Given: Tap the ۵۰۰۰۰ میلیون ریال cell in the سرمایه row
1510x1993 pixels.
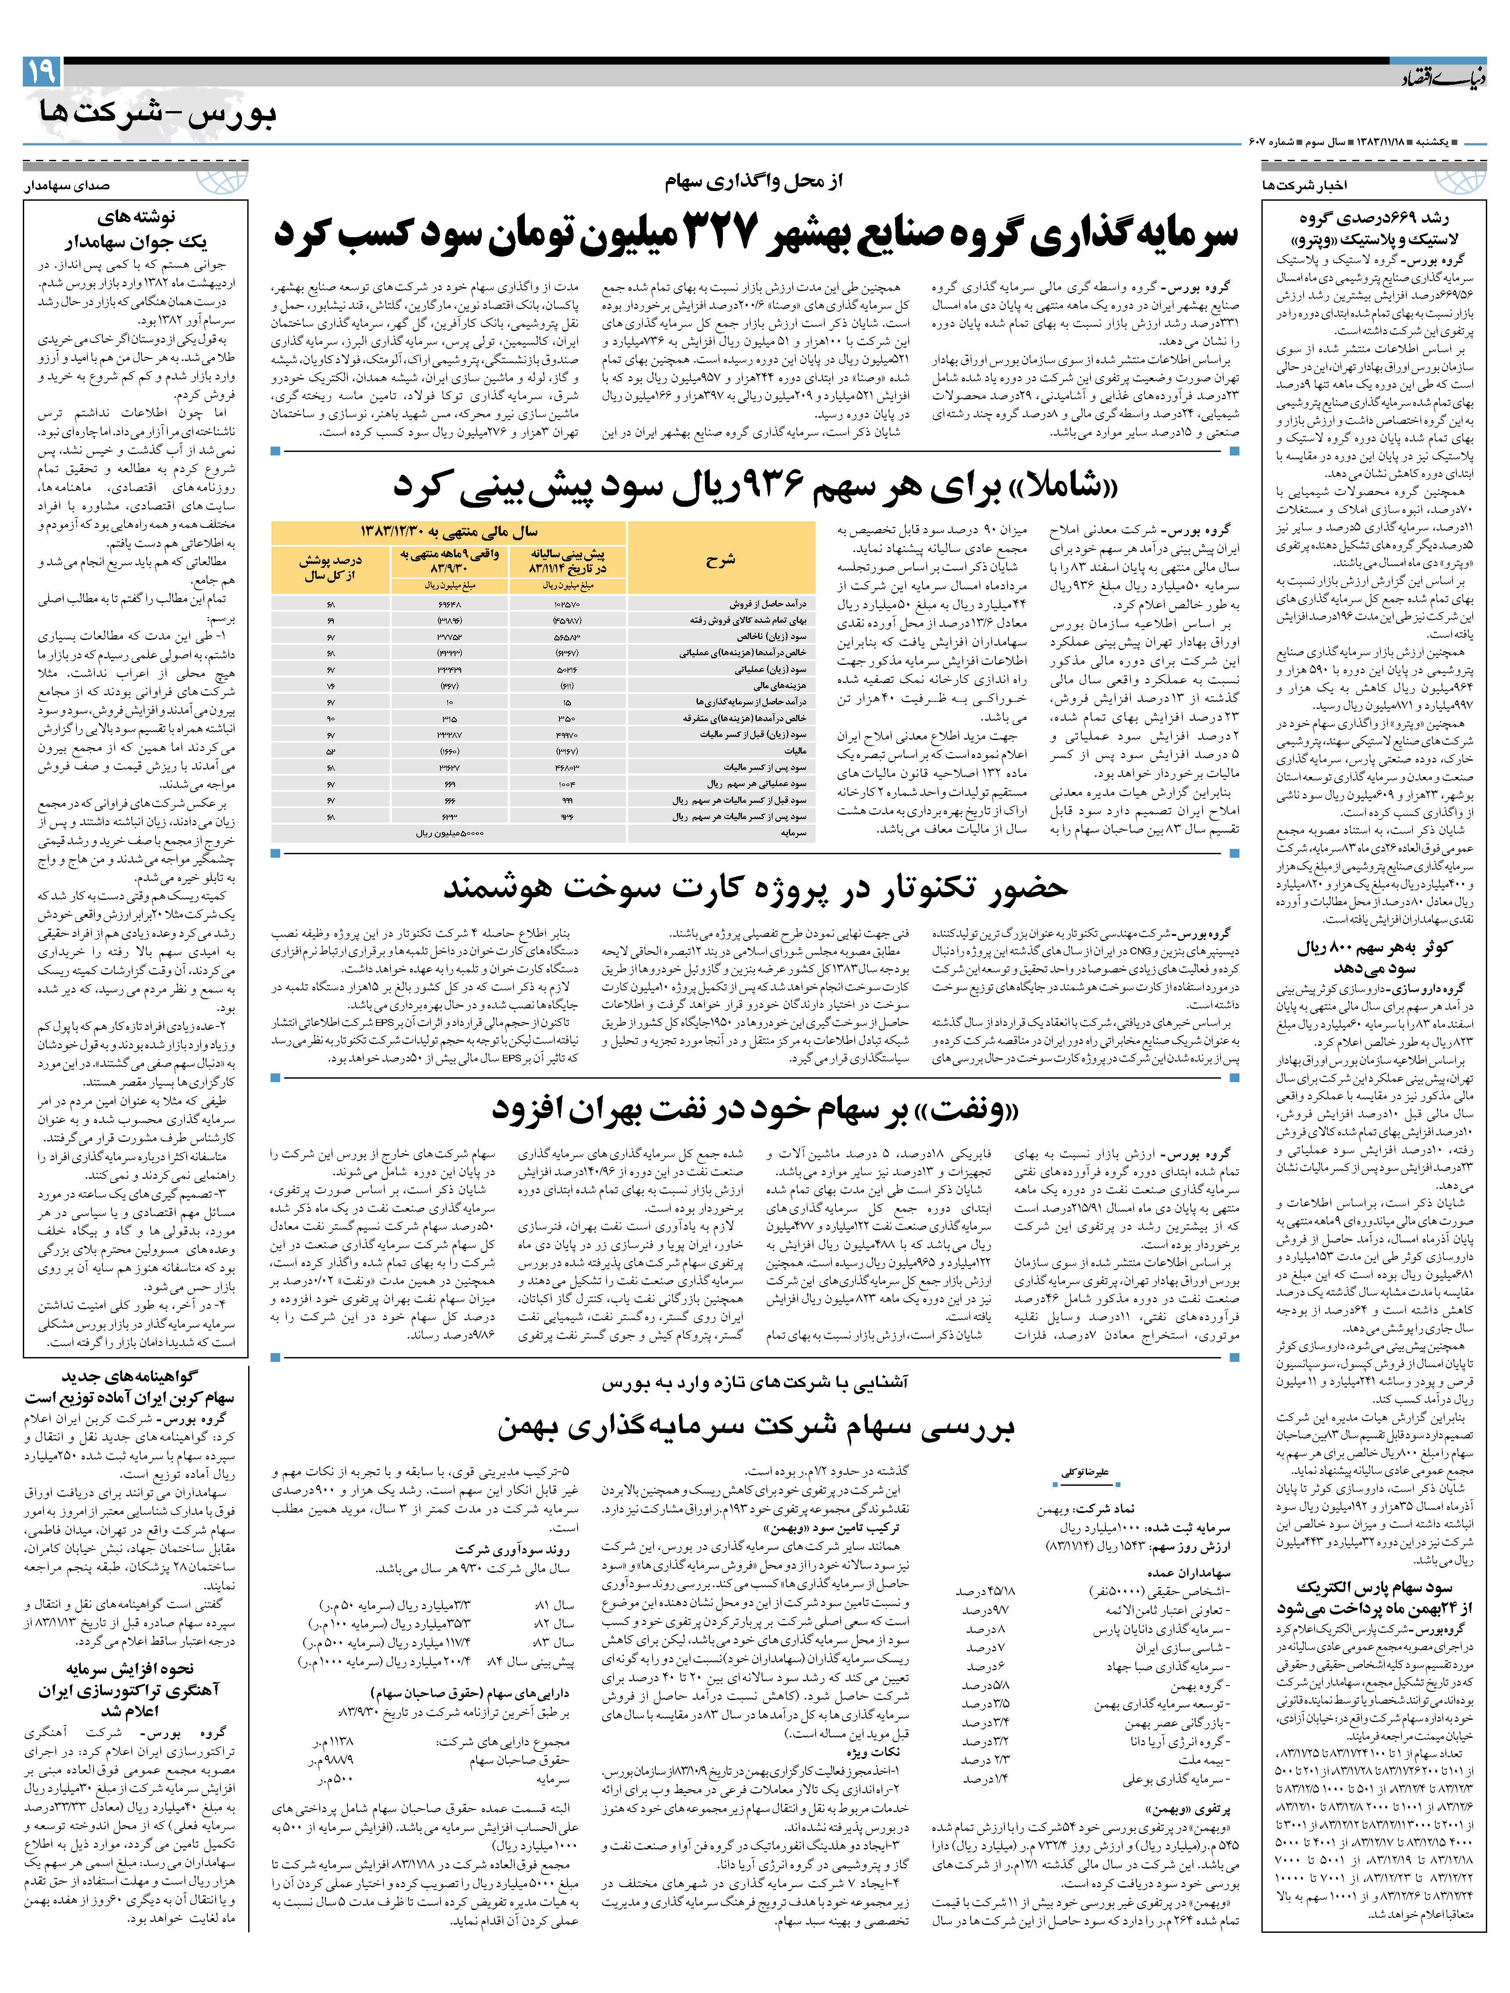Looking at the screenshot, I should pos(451,834).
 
